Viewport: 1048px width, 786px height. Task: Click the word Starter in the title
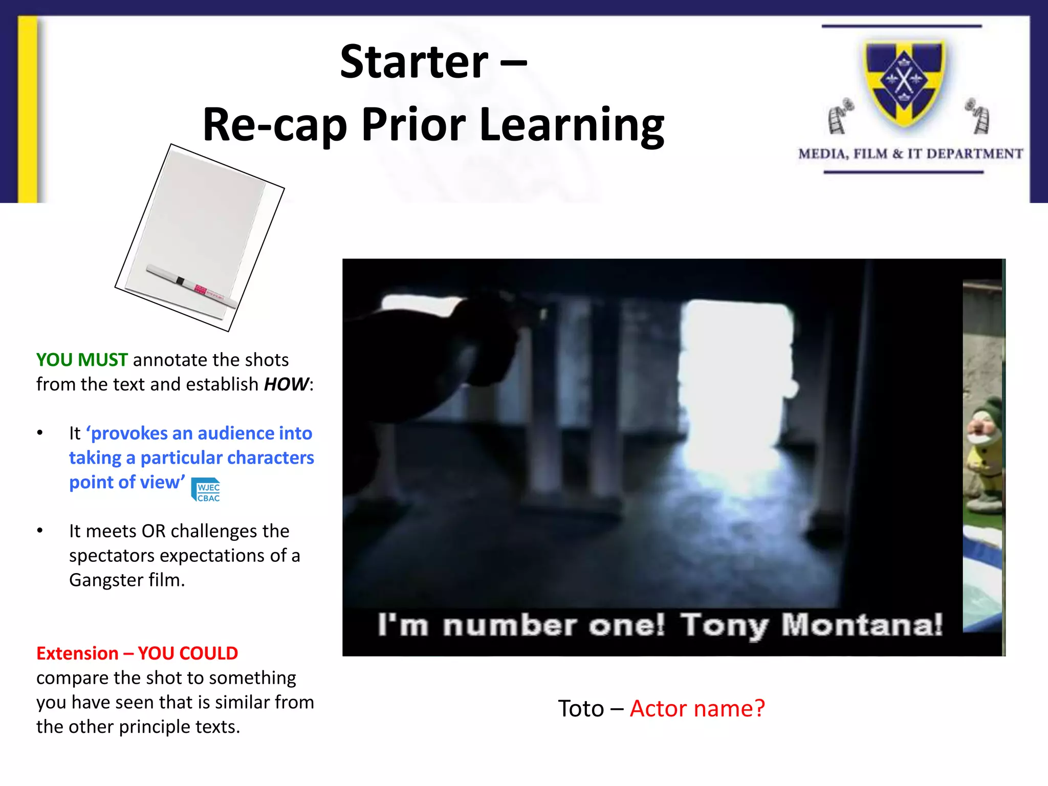click(x=414, y=62)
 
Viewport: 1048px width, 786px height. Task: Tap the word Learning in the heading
click(x=572, y=125)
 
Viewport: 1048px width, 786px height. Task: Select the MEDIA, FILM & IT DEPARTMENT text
click(x=910, y=154)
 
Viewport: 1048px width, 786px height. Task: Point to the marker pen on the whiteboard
click(x=192, y=286)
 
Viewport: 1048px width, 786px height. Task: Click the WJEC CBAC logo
click(x=207, y=490)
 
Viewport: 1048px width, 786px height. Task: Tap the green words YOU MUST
click(x=82, y=360)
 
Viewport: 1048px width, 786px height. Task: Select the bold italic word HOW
click(x=286, y=384)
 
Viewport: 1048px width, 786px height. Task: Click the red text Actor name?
click(x=697, y=709)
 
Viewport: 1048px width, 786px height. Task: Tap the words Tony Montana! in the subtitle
click(x=811, y=625)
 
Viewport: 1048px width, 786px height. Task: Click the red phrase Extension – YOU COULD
click(x=137, y=653)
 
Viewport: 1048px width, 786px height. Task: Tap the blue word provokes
click(x=129, y=433)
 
